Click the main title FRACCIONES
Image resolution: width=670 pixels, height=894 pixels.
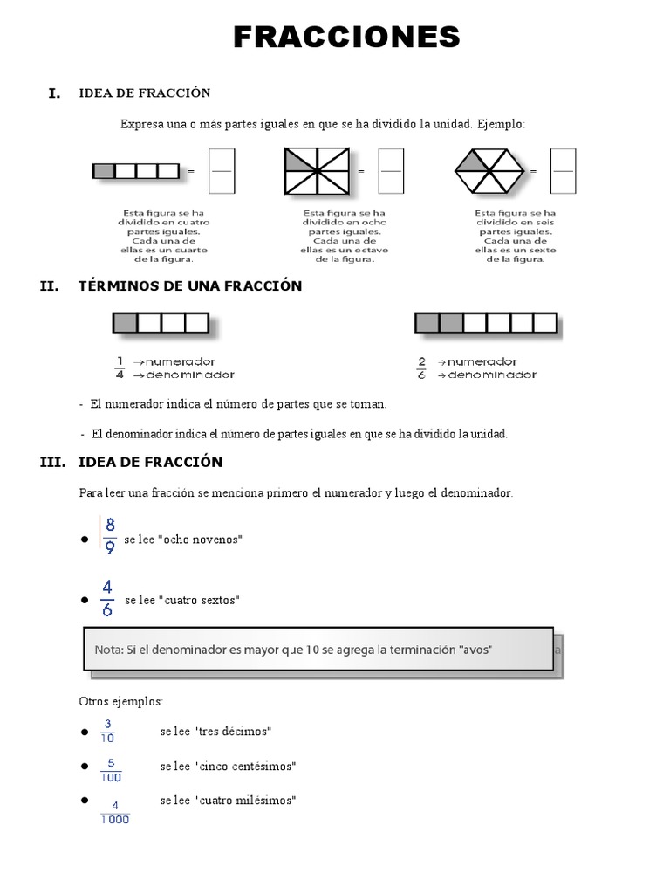[x=346, y=38]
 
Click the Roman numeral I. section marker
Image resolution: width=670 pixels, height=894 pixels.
[x=54, y=93]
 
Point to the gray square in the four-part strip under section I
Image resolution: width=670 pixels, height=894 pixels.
[x=104, y=171]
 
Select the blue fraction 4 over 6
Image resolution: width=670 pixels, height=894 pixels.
[x=106, y=599]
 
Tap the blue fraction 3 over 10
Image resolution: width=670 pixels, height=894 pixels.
[x=108, y=730]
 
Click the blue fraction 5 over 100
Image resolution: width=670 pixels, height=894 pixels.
[x=111, y=769]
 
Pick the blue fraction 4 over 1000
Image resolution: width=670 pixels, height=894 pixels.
[x=115, y=811]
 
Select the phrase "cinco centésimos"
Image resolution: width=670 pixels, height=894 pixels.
[x=247, y=766]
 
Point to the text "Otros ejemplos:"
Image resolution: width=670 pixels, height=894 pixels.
[x=121, y=701]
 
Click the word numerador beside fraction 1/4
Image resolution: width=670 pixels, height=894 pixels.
[x=181, y=361]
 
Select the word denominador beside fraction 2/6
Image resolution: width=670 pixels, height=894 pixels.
[x=492, y=375]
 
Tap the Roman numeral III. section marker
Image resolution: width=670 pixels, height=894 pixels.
[x=53, y=463]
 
